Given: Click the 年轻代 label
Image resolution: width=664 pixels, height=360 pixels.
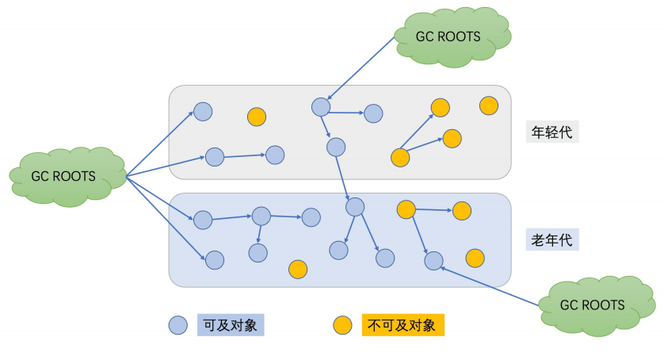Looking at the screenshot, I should click(553, 132).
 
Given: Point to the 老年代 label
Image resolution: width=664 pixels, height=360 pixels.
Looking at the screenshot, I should click(553, 239).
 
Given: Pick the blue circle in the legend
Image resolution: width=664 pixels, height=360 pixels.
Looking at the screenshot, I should click(177, 324).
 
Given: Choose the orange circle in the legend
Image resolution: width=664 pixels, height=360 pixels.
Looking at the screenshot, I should click(342, 324).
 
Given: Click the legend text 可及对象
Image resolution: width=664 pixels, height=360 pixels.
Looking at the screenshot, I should click(230, 324).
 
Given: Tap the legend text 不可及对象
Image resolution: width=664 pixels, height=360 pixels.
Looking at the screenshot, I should click(402, 324).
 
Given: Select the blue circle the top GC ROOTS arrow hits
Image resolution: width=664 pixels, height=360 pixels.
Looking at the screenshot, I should click(320, 106).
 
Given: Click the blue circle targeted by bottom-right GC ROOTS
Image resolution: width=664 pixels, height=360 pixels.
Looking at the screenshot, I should click(433, 260).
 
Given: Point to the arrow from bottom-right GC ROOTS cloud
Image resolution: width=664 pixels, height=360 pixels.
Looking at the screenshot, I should click(491, 285).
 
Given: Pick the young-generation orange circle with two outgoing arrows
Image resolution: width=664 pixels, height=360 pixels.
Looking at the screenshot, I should click(401, 157).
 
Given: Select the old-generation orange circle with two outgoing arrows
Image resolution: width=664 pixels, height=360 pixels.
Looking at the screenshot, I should click(406, 209).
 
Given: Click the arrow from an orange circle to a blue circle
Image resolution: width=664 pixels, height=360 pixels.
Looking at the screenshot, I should click(419, 235).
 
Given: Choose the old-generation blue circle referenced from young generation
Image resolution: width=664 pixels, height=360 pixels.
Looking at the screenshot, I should click(354, 207).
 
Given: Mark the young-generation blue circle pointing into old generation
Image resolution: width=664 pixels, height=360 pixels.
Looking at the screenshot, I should click(336, 147).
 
